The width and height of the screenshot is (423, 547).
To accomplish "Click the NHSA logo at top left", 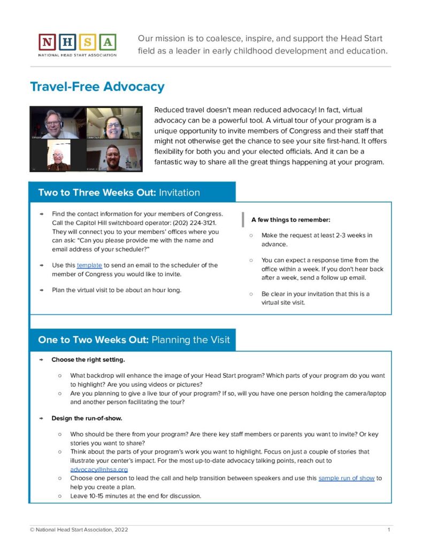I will click(x=78, y=44).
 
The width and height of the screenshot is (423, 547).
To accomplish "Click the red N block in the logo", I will click(x=47, y=42).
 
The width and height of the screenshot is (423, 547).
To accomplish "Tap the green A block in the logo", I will click(x=107, y=42).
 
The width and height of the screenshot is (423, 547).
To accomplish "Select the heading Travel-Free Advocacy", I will click(x=97, y=87).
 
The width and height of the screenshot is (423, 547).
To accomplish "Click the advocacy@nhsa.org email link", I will click(x=99, y=469).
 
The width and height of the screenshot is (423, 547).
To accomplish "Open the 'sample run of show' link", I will click(x=347, y=478).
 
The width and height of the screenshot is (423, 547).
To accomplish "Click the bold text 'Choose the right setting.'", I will click(x=88, y=360).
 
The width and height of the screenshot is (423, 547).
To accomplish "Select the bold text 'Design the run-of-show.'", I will click(x=87, y=418).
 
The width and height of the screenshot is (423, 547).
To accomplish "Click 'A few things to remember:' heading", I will click(x=291, y=220).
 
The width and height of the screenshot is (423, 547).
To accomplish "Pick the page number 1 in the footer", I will click(x=389, y=529).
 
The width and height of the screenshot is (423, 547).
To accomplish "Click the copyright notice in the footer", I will click(x=79, y=529).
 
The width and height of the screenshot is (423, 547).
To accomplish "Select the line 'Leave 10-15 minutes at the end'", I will click(x=136, y=496).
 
